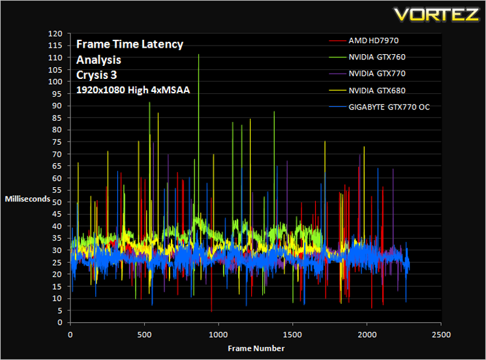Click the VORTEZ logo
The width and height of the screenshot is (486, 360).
(436, 14)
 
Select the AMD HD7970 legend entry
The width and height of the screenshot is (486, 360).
(364, 40)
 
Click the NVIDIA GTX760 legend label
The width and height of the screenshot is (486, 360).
(377, 57)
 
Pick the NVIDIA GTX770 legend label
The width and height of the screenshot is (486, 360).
(377, 74)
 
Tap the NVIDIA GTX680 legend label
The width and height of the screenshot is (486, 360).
(377, 91)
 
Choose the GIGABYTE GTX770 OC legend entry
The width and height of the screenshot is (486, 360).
(380, 107)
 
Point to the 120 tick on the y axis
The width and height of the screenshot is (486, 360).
(55, 33)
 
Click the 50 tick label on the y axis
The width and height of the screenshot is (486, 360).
(57, 202)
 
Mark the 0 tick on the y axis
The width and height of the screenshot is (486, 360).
(60, 323)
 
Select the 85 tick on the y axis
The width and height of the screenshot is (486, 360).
(57, 118)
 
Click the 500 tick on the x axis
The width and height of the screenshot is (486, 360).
(144, 335)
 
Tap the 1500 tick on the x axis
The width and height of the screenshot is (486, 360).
(293, 335)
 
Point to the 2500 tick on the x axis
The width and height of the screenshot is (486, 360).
(441, 335)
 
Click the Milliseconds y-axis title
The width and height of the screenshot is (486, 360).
(27, 199)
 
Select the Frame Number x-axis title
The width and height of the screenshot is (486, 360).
(256, 348)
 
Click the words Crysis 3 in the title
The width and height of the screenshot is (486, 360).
(97, 75)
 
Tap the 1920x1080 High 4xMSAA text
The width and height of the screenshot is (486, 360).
(133, 90)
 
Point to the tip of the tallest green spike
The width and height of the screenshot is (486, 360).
(199, 55)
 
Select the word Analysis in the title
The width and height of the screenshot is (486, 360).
(99, 60)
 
